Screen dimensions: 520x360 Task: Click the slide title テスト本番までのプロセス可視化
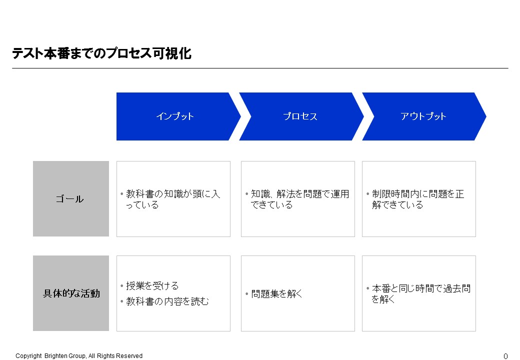tap(102, 53)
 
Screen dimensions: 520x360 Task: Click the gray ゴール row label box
tap(71, 199)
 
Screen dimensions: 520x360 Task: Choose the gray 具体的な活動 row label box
tap(71, 293)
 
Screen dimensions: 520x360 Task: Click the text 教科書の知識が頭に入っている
tap(173, 199)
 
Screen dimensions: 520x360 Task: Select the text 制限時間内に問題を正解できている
tap(418, 199)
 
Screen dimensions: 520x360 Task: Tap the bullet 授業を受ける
tap(152, 285)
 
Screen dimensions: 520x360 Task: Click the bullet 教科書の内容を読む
tap(167, 301)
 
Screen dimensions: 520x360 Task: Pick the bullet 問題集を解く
tap(276, 293)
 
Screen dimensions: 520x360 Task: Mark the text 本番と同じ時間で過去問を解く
tap(421, 293)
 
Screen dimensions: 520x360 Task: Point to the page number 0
tap(505, 356)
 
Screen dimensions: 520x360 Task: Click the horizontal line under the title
tap(260, 68)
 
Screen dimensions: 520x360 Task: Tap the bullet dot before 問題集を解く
tap(246, 293)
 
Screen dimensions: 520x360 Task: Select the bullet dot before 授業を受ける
tap(121, 285)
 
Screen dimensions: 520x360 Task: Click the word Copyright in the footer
tap(28, 355)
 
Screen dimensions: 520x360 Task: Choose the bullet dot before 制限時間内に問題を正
tap(368, 194)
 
